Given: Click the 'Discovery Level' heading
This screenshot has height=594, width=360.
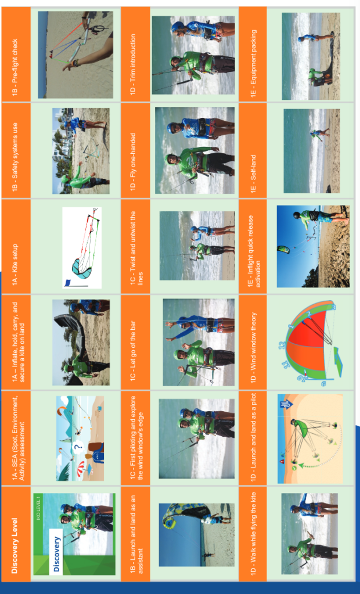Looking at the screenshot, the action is (x=15, y=545).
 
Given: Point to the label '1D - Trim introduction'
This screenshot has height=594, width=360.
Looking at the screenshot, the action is (x=133, y=64).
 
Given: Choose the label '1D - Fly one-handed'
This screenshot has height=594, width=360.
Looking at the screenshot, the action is (x=133, y=162).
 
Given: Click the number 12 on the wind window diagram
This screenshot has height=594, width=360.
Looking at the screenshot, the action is (x=282, y=345).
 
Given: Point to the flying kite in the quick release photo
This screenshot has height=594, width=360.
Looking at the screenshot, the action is (x=283, y=249).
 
